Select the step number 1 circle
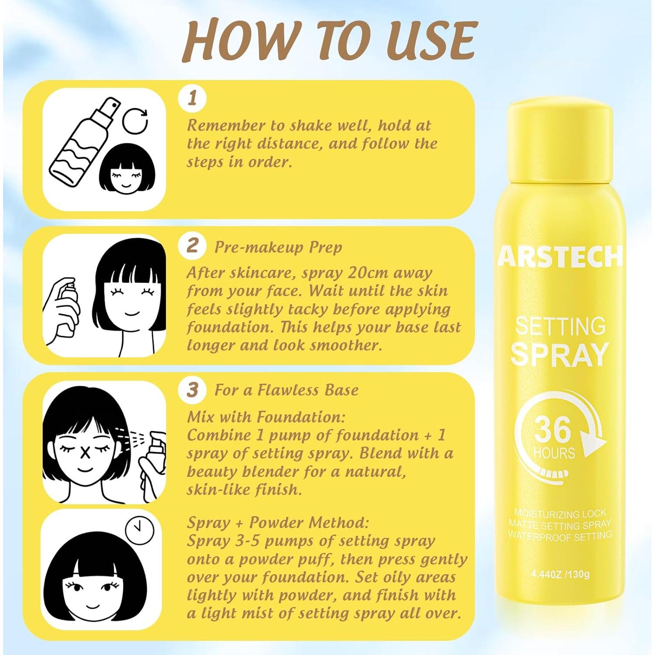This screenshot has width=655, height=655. tap(192, 98)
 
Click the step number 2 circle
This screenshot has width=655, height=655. tap(192, 245)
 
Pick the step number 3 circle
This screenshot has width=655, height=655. tap(192, 390)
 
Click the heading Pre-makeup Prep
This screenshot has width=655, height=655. tap(278, 247)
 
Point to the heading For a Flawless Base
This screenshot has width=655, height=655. tap(286, 390)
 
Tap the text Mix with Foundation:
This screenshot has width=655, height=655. tap(266, 417)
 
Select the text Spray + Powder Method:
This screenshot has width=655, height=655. tap(278, 523)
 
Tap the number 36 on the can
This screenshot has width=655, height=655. tap(552, 429)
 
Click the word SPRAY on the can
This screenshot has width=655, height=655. tap(559, 355)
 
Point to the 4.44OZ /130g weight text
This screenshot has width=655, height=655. tap(560, 574)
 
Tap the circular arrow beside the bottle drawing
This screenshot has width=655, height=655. tap(135, 121)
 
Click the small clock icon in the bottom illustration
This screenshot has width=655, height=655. tap(140, 530)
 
